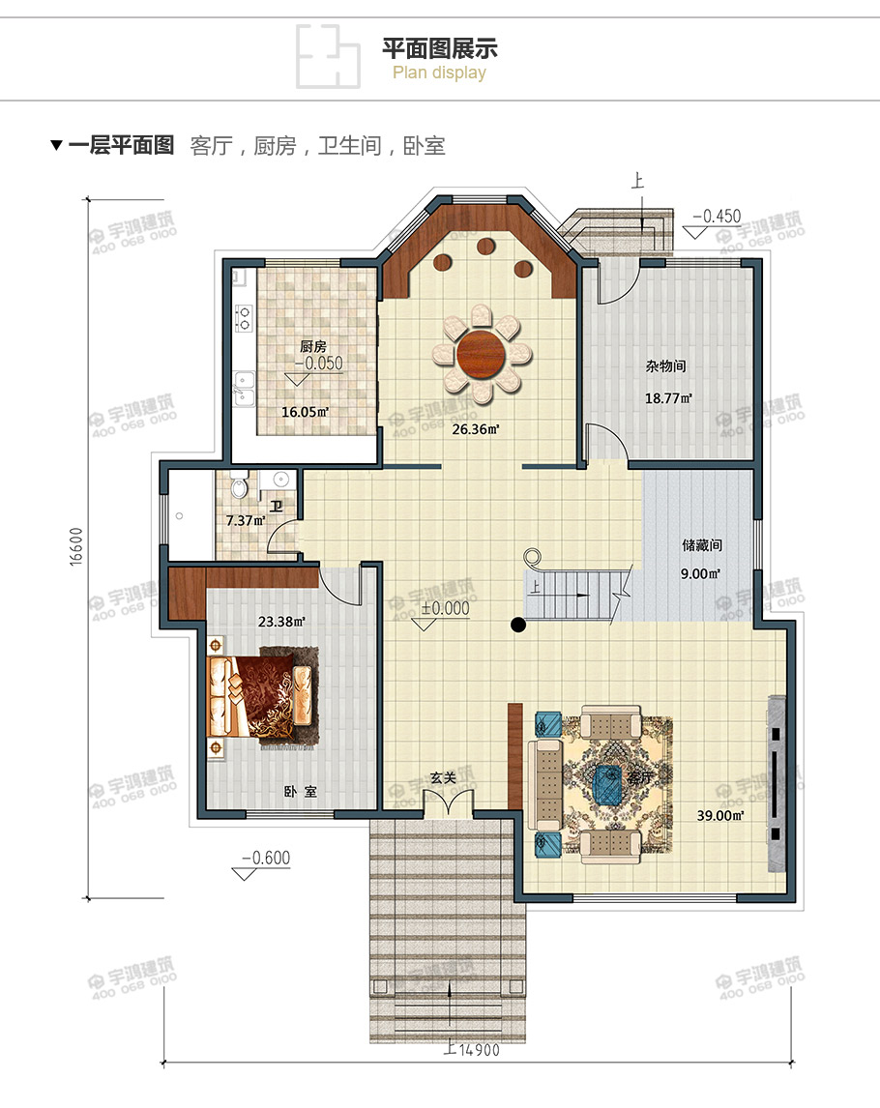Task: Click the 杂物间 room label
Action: [x=666, y=366]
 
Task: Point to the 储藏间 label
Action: [x=702, y=545]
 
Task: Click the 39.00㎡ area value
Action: [x=720, y=815]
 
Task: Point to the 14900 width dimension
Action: [x=473, y=1051]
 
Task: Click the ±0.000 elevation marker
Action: [x=445, y=608]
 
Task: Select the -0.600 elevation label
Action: [x=266, y=858]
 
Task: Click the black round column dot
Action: [x=518, y=625]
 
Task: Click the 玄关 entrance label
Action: [x=443, y=776]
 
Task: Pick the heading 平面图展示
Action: [x=440, y=48]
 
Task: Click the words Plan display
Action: [x=440, y=73]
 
